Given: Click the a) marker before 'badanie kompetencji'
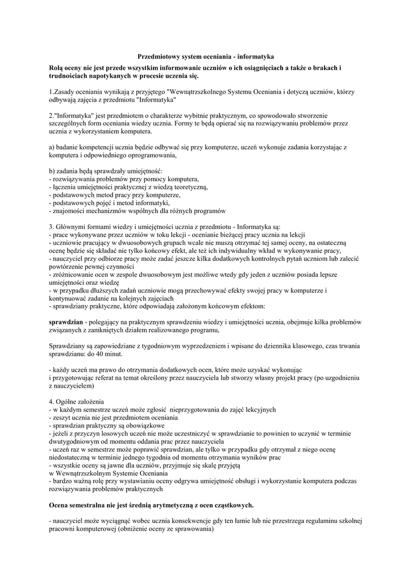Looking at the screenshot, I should point(52,147).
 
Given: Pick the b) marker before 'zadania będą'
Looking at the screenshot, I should point(52,171).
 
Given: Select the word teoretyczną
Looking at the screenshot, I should point(188,187).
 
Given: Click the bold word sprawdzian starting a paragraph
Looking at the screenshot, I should point(66,322).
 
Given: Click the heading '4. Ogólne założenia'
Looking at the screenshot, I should point(77,401).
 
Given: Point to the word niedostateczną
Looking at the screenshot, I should point(73,457).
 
